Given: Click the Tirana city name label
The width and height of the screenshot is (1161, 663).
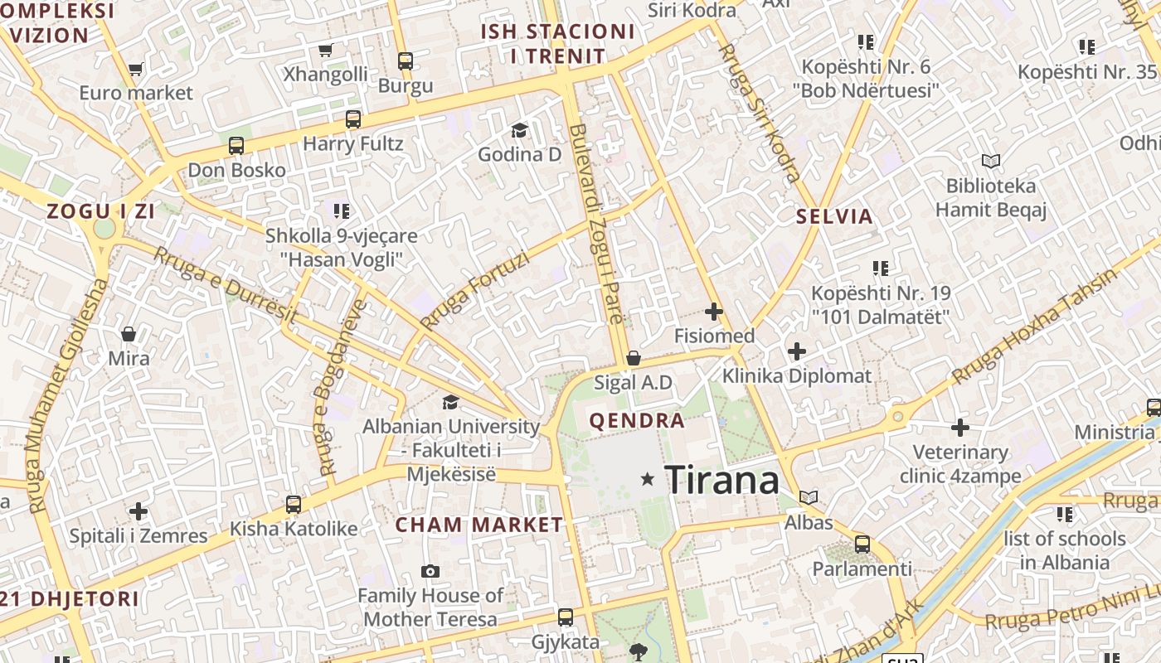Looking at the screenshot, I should coord(722,480).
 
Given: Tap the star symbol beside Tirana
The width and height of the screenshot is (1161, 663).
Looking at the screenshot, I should coord(648,479).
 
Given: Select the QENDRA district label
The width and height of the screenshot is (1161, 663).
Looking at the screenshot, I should coord(637,420).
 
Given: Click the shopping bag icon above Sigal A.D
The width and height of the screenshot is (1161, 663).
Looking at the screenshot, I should coord(634,358).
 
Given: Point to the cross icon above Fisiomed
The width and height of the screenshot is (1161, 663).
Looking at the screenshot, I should coord(713,312).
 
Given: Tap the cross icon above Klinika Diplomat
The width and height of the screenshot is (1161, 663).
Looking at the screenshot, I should coord(797,351).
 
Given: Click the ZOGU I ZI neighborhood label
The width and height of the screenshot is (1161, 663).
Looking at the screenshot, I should coord(101,211).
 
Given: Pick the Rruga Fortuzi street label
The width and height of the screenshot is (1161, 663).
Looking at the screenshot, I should coord(474,290).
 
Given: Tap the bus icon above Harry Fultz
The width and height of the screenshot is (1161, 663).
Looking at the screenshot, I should coord(353,119).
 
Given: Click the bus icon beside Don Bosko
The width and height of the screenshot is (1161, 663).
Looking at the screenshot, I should coord(236,146).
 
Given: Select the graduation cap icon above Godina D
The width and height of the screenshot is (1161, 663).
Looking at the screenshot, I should coord(519,130).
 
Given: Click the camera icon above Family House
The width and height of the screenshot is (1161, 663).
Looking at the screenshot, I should coord(430,571).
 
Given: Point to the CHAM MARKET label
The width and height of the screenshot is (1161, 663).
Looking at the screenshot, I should coord(478,525).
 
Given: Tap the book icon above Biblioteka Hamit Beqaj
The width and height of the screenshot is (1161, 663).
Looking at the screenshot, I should coord(990,161).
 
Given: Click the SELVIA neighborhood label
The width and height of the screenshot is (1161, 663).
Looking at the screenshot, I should coord(834,217).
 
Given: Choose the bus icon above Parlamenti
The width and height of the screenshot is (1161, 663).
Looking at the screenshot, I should coord(862,544).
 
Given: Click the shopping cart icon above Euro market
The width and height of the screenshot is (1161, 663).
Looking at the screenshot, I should coord(136,70).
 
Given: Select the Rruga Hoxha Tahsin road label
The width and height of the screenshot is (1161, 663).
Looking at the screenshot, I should coord(1035,327).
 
